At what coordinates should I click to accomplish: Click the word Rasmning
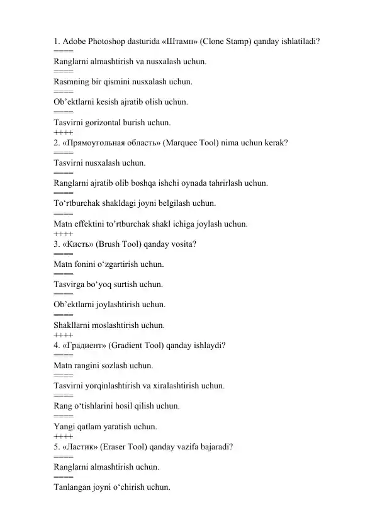74,82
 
